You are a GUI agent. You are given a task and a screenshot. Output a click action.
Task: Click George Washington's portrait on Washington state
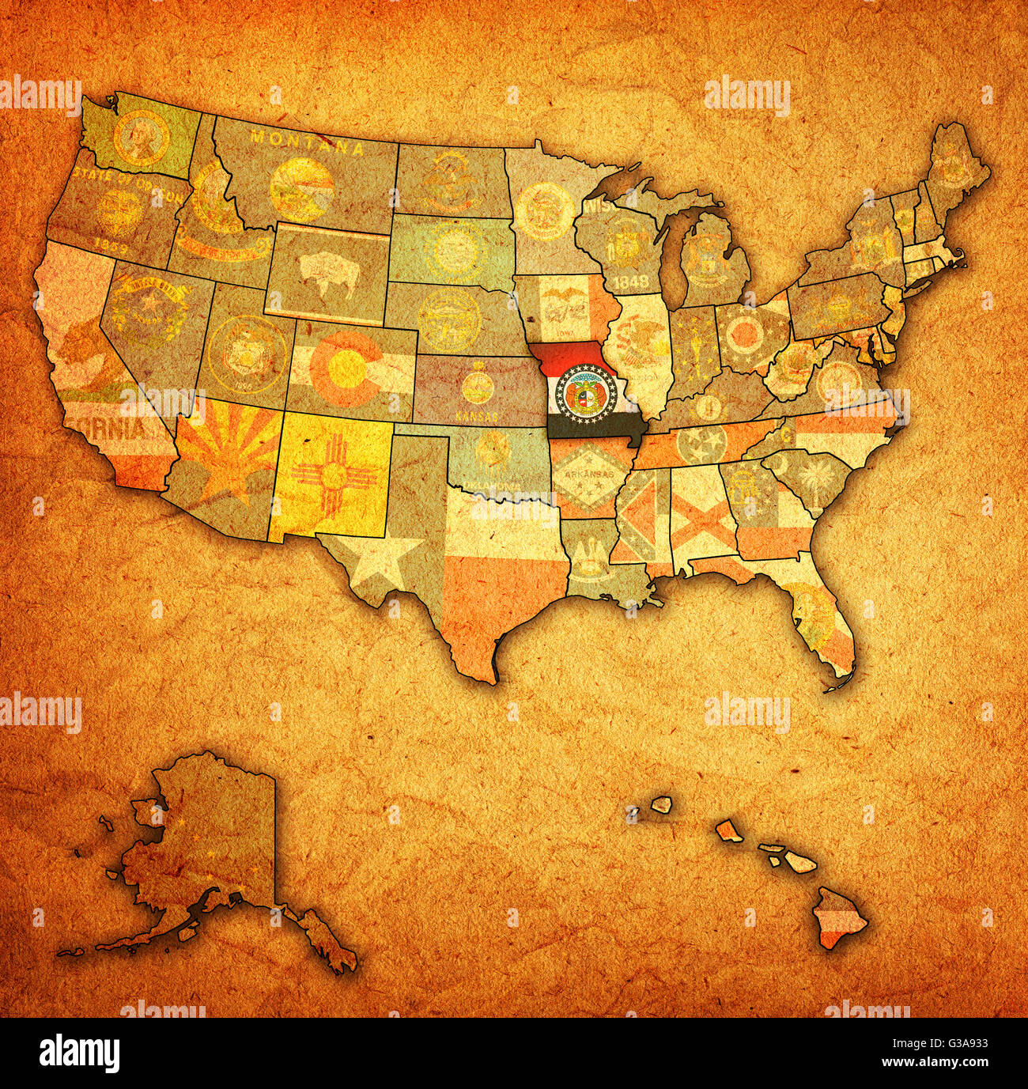[141, 136]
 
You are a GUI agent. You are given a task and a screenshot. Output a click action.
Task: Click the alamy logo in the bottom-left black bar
[79, 1053]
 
